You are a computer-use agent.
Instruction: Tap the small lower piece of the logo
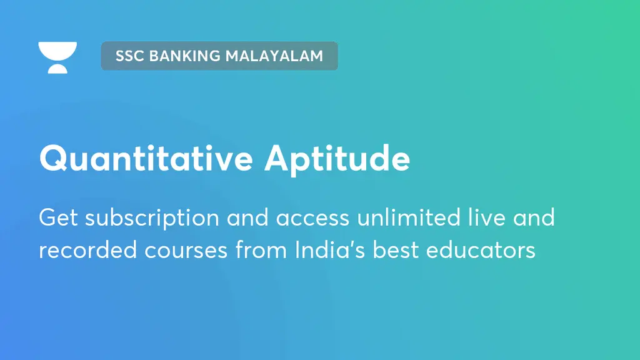pyautogui.click(x=57, y=69)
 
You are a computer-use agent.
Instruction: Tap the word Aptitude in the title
pyautogui.click(x=337, y=159)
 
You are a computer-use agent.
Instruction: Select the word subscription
pyautogui.click(x=152, y=218)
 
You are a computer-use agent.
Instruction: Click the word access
pyautogui.click(x=314, y=218)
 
